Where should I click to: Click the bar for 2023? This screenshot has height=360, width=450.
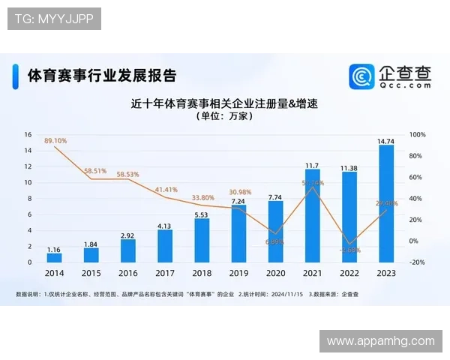tap(386, 203)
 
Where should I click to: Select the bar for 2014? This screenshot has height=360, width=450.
tap(55, 257)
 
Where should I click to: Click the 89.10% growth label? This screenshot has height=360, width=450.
tap(55, 140)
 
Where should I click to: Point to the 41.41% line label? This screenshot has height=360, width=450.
tap(166, 190)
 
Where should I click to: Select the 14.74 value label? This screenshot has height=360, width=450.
tap(386, 140)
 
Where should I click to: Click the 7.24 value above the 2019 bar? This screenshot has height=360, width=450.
tap(238, 201)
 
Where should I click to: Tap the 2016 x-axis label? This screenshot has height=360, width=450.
tap(128, 274)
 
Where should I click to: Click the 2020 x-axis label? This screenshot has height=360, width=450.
tap(275, 274)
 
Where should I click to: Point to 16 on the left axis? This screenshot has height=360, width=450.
tap(28, 135)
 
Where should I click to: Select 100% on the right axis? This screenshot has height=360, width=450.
tap(418, 135)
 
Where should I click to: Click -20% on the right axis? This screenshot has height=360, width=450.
tap(418, 262)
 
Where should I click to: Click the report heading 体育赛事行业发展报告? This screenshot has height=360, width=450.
tap(101, 76)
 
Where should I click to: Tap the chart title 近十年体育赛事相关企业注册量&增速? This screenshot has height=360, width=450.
tap(224, 103)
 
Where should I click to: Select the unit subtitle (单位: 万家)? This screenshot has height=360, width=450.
tap(224, 117)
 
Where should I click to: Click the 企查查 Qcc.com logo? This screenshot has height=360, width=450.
tap(391, 76)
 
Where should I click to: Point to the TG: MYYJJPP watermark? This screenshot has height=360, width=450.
tap(54, 19)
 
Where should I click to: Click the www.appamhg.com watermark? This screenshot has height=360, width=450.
tap(380, 341)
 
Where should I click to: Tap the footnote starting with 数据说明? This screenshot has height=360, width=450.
tap(187, 294)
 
